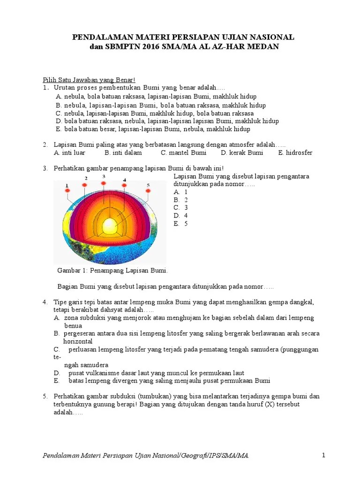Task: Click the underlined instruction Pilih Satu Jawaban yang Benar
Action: pyautogui.click(x=89, y=80)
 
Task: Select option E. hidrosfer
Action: pyautogui.click(x=295, y=153)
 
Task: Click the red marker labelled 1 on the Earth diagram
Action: pyautogui.click(x=67, y=191)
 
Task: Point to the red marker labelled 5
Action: pyautogui.click(x=148, y=192)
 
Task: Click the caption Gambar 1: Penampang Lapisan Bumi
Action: pyautogui.click(x=112, y=271)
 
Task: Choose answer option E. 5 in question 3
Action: pyautogui.click(x=180, y=224)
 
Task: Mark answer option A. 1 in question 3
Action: pyautogui.click(x=180, y=192)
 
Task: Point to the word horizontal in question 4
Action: pyautogui.click(x=78, y=341)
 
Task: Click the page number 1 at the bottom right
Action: pyautogui.click(x=323, y=455)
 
